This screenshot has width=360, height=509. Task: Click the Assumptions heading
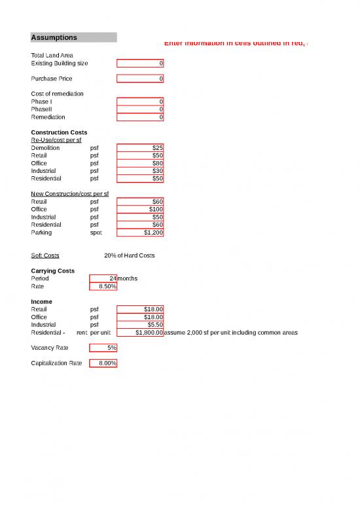(x=54, y=37)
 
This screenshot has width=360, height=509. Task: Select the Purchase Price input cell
(x=140, y=79)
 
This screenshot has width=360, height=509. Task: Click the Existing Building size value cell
(x=140, y=64)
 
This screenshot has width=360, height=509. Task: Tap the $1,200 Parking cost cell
(x=140, y=232)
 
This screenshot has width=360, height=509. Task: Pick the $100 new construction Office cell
(x=140, y=209)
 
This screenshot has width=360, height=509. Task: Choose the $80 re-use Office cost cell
(x=140, y=163)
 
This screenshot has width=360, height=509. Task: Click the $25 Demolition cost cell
(x=140, y=148)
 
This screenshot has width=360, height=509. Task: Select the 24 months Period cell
(x=103, y=278)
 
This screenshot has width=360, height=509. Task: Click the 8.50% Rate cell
(x=103, y=286)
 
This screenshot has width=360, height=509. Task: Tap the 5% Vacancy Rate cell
(x=103, y=347)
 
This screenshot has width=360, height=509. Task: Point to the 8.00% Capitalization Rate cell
(x=103, y=363)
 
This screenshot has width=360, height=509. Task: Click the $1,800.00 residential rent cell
(x=140, y=332)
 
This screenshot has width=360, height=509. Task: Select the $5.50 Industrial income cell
(x=140, y=324)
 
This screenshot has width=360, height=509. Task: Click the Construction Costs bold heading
(x=59, y=133)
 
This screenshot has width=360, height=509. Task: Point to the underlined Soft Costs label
(x=45, y=255)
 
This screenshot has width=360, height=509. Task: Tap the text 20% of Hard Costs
(x=130, y=255)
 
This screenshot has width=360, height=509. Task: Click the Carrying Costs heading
(x=52, y=271)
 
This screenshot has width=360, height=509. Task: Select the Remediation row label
(x=48, y=117)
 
